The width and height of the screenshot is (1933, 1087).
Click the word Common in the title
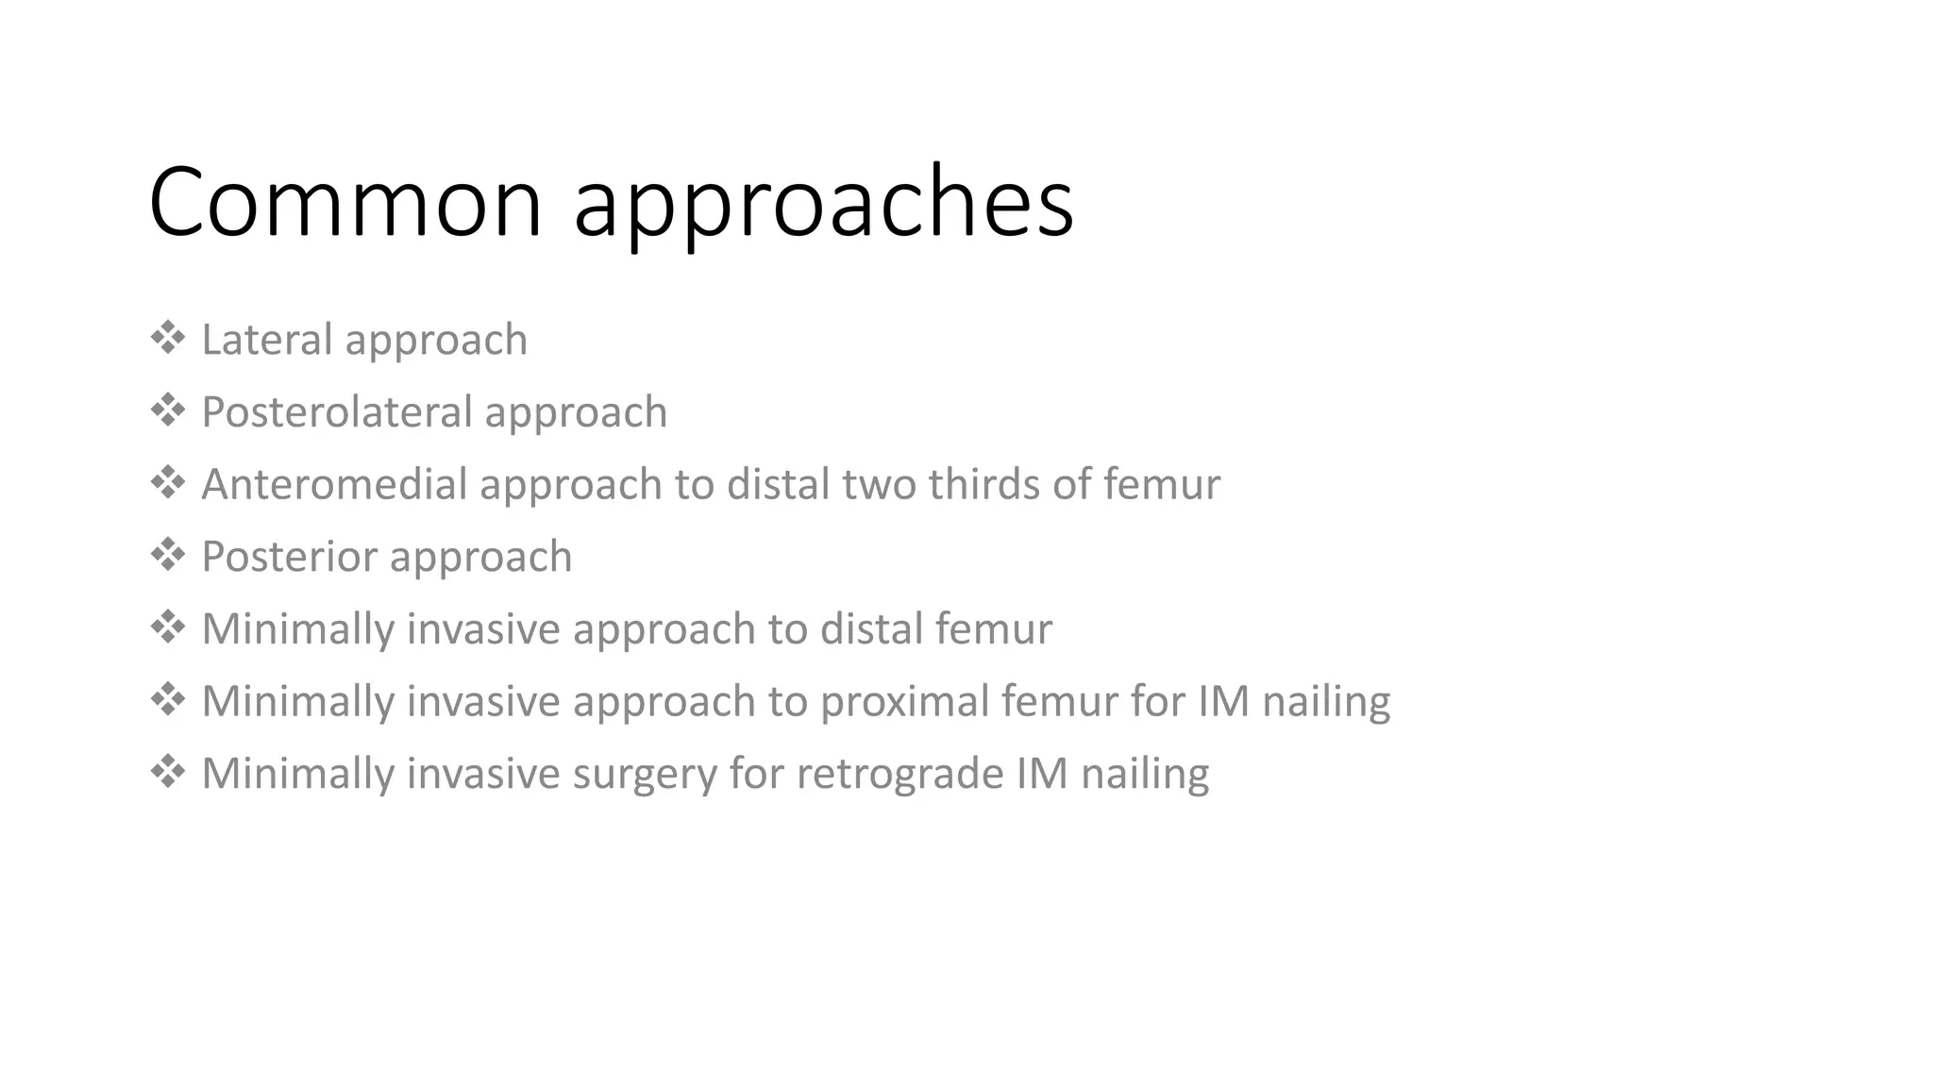[x=345, y=202]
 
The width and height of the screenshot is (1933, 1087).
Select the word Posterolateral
[x=336, y=412]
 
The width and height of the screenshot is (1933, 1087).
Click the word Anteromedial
[x=334, y=484]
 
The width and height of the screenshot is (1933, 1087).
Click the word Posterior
[x=289, y=557]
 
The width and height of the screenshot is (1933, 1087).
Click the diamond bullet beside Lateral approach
[x=167, y=338]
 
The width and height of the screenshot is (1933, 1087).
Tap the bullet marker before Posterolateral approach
[x=167, y=410]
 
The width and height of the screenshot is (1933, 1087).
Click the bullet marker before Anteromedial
[x=167, y=482]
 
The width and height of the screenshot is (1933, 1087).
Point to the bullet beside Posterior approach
[x=167, y=555]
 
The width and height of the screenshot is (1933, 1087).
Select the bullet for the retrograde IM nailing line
[x=167, y=772]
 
